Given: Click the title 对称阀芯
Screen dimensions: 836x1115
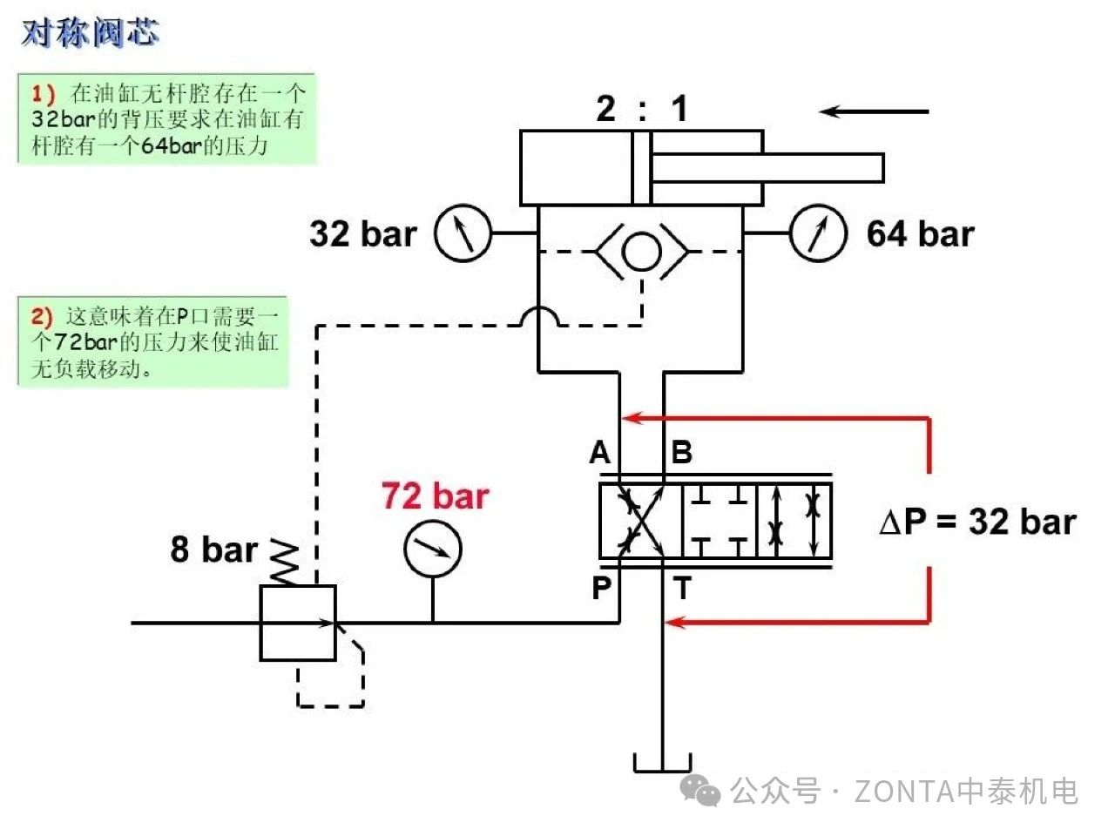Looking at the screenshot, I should tap(90, 33).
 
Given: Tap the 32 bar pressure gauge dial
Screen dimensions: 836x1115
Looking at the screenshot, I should tap(463, 233).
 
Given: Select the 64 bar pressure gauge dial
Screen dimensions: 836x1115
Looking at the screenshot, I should tap(817, 233).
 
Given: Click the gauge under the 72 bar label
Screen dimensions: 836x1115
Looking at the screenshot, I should tap(433, 549).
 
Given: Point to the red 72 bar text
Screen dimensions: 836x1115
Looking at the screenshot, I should tap(435, 496).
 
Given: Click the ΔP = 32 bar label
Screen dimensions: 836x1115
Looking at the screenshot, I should tap(978, 522).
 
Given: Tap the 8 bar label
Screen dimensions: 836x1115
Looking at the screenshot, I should tap(214, 549).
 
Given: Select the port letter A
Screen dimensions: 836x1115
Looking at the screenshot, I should tap(599, 453).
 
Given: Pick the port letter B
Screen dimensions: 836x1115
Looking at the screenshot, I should tap(681, 453).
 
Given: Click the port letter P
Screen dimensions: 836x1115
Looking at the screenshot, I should tap(601, 588).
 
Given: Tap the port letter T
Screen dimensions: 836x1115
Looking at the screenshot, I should tap(683, 589).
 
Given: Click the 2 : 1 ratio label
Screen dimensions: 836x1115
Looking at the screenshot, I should tap(642, 109).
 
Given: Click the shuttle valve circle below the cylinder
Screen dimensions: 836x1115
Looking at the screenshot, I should tap(642, 252).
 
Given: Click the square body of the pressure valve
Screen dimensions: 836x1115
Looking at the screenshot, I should tap(298, 622).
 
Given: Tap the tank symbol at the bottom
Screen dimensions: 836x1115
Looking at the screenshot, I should tap(662, 763).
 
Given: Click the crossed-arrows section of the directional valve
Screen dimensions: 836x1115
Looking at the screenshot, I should tap(640, 521).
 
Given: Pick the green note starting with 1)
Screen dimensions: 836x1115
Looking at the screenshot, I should tap(166, 118).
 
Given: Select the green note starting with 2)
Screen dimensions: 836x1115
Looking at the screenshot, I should tap(153, 340).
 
